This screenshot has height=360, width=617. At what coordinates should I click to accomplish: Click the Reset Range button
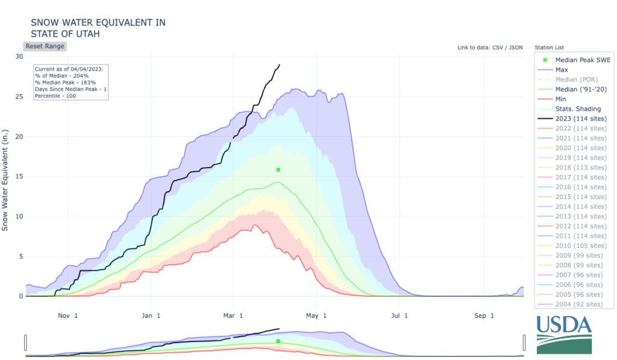click(45, 46)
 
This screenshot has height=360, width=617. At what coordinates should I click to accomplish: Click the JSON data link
click(516, 48)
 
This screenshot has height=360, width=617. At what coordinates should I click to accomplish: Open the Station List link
click(549, 48)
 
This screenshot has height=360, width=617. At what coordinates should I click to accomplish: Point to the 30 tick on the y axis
click(19, 57)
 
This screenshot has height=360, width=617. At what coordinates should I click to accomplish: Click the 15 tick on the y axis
click(19, 176)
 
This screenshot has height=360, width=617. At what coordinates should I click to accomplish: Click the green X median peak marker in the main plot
click(278, 169)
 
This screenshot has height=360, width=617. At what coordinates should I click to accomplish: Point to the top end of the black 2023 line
click(279, 65)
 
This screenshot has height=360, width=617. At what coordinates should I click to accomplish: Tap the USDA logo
click(564, 333)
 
